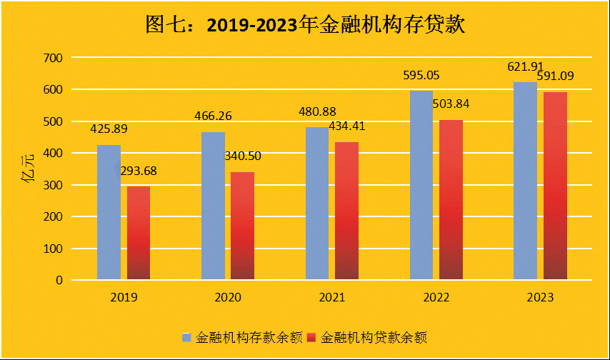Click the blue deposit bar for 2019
(x=109, y=212)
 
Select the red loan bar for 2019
(x=139, y=233)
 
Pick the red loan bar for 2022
(x=451, y=200)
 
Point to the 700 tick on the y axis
(x=54, y=58)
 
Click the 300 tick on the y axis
(x=54, y=185)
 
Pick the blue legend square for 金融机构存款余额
(x=187, y=336)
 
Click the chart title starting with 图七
(x=305, y=26)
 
